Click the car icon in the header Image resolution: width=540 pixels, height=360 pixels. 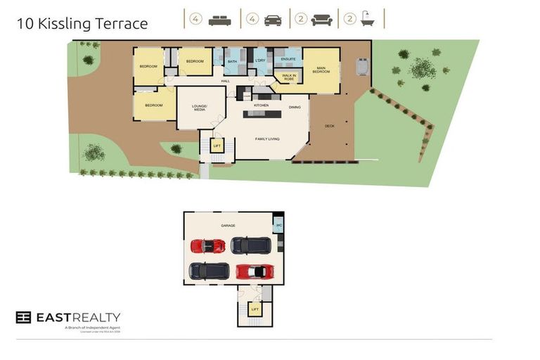tap(273, 20)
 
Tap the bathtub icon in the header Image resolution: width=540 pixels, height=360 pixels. tap(367, 20)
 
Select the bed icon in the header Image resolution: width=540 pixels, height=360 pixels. tap(219, 20)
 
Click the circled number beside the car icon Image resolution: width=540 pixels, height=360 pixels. tap(252, 20)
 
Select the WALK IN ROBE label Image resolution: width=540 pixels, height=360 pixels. tap(288, 77)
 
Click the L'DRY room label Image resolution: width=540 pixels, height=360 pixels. tap(259, 62)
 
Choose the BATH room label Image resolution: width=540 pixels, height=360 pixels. tap(232, 62)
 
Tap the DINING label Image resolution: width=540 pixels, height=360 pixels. tap(295, 108)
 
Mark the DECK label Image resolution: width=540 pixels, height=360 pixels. tap(329, 127)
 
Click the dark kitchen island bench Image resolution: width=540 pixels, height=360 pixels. tap(262, 114)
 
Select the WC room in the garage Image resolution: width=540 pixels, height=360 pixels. tap(278, 226)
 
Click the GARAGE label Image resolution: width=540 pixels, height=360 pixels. tap(228, 226)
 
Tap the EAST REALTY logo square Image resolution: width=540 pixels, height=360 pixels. tap(23, 317)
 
